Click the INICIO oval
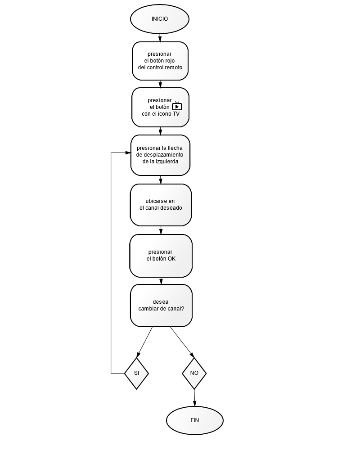tap(160, 19)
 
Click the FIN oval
tap(195, 420)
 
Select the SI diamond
tap(136, 373)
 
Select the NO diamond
tap(194, 373)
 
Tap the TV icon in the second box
tap(177, 106)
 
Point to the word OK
tap(171, 259)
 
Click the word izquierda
tap(167, 162)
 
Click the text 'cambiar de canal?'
tap(161, 309)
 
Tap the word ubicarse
tap(156, 201)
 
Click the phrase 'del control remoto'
tap(160, 67)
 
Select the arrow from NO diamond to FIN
tap(195, 398)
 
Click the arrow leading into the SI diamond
tap(144, 342)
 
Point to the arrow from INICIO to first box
tap(160, 38)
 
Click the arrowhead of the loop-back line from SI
tap(128, 153)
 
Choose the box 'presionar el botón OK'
tap(161, 256)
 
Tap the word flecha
tap(175, 148)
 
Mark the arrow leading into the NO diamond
tap(182, 342)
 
